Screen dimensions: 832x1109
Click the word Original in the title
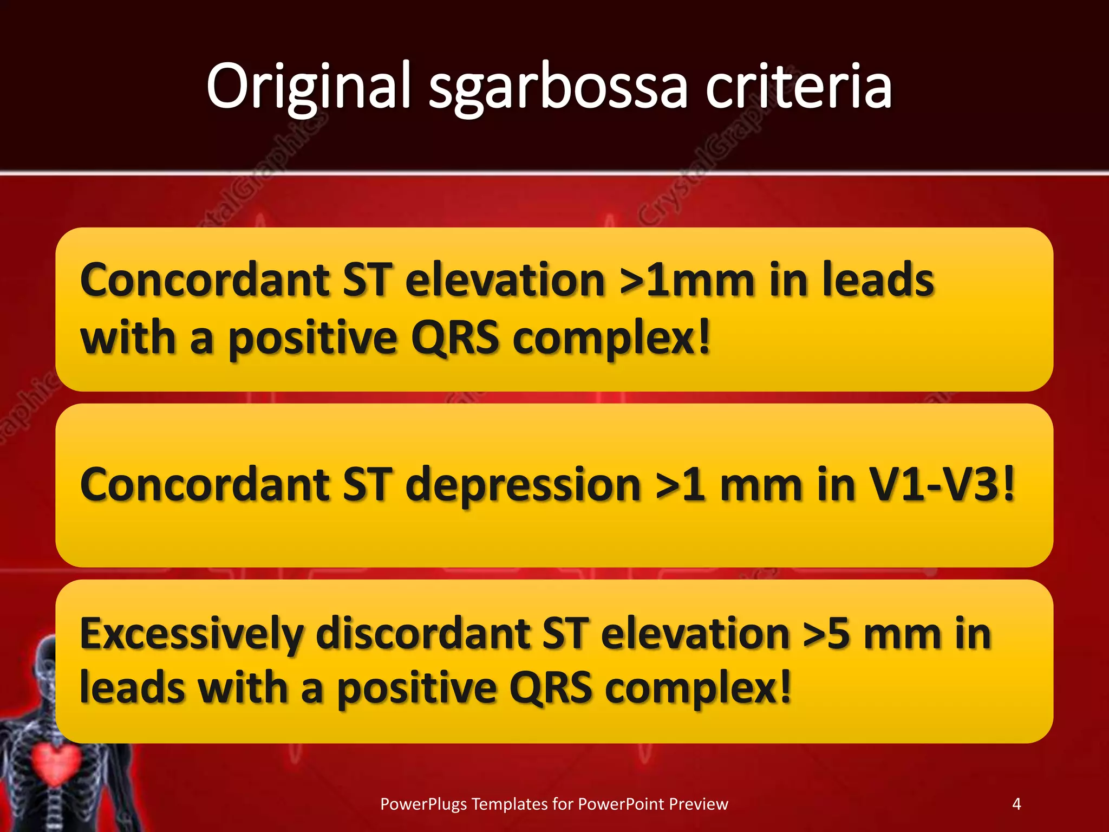click(309, 87)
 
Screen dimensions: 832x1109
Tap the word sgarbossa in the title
click(558, 89)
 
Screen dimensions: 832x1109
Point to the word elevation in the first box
click(505, 280)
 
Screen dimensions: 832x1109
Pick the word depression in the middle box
click(523, 484)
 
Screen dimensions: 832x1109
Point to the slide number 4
click(1016, 803)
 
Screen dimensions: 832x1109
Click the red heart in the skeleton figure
click(56, 764)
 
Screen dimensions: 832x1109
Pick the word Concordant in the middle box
click(205, 484)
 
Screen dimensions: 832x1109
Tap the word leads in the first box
click(878, 280)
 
